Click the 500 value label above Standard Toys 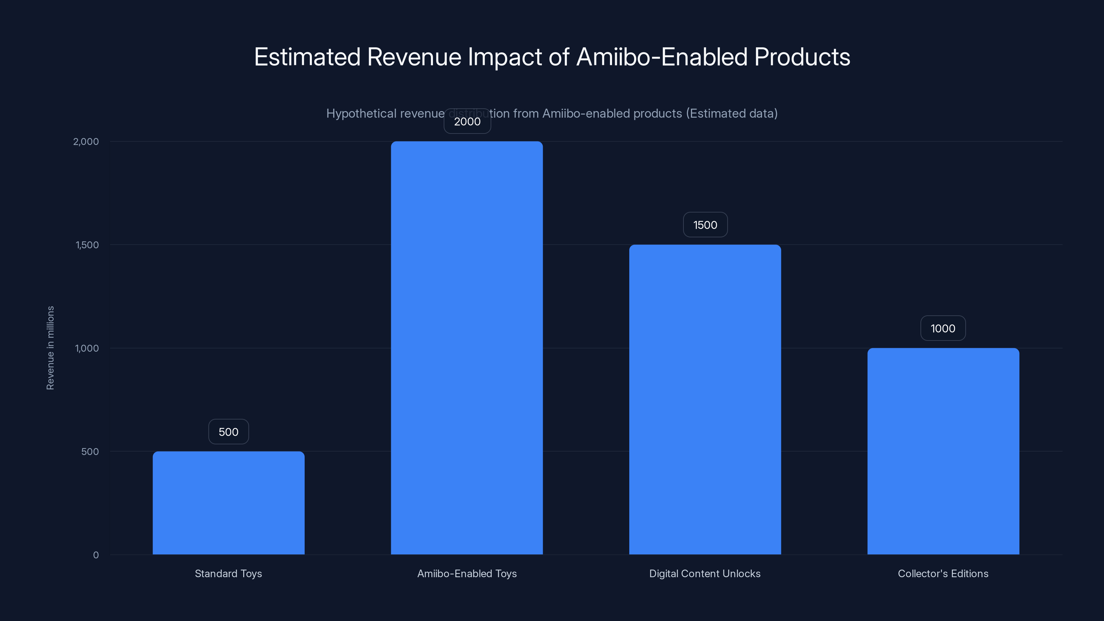(x=228, y=432)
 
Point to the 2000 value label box (x=467, y=121)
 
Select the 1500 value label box (x=705, y=225)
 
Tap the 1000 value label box (x=943, y=328)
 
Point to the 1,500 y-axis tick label (x=87, y=245)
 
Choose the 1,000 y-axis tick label (x=87, y=348)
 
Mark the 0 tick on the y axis (x=96, y=555)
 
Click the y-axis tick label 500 (x=90, y=451)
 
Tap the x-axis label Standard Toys (x=228, y=573)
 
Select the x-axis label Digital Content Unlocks (x=704, y=573)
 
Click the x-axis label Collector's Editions (x=943, y=573)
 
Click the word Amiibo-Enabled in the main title (x=662, y=57)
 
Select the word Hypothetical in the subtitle (x=361, y=114)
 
